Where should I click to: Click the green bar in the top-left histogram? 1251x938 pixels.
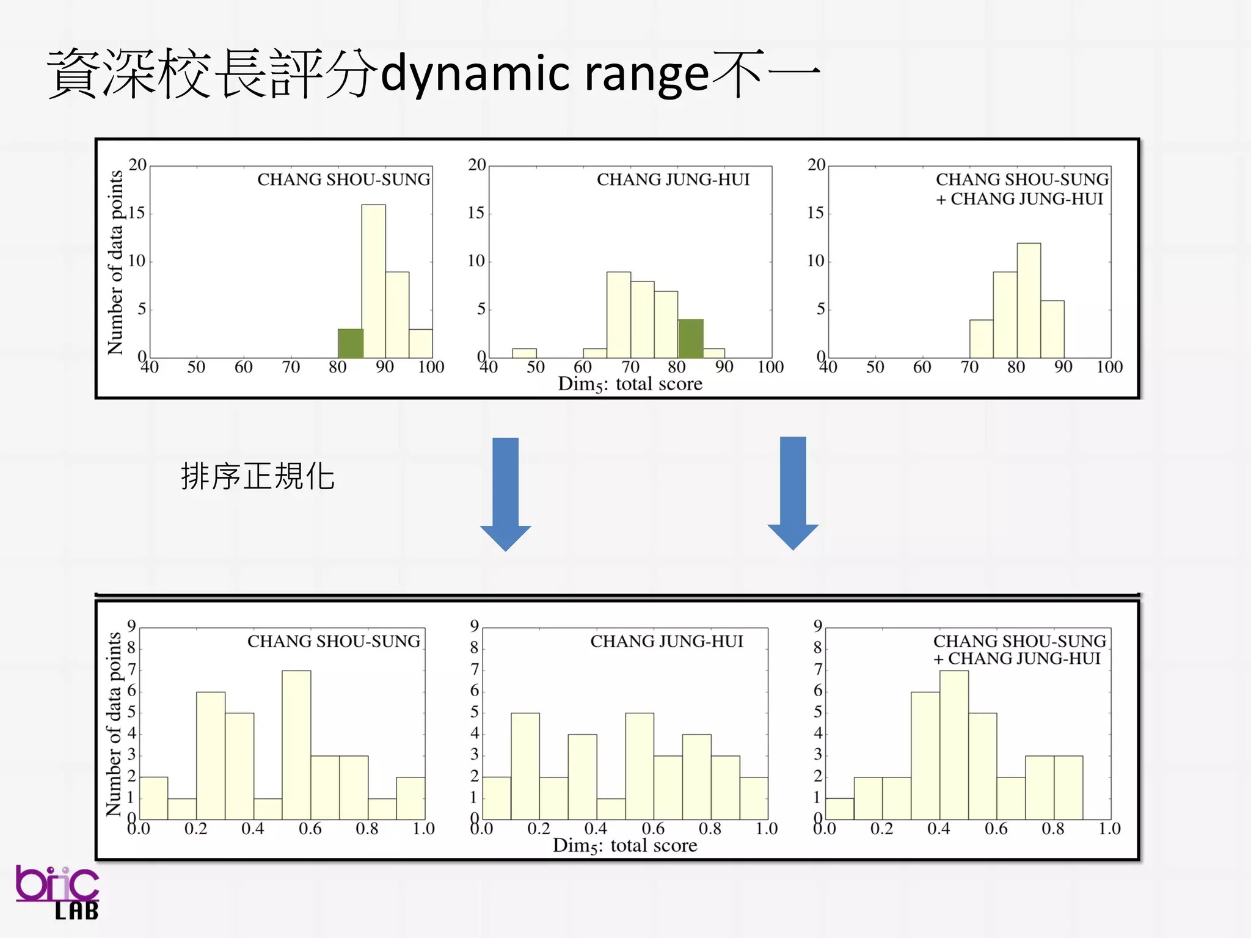point(350,344)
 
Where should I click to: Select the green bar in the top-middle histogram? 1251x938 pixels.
point(690,339)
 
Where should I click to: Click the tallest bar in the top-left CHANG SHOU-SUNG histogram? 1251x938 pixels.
point(373,281)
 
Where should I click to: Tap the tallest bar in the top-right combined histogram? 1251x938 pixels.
point(1029,300)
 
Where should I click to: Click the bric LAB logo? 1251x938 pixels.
point(58,892)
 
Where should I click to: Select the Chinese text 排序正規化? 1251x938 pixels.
point(257,477)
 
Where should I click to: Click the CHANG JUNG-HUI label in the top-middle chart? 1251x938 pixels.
point(673,180)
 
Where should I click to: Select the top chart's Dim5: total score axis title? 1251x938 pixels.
point(630,384)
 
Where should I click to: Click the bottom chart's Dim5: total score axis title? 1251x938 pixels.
point(624,846)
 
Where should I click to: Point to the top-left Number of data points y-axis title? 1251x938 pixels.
point(115,262)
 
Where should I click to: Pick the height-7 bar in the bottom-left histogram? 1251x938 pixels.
point(296,745)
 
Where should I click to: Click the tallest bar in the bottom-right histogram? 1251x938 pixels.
point(954,745)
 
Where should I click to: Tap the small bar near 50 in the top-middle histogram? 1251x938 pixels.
point(524,353)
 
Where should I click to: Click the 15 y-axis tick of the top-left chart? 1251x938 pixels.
point(137,213)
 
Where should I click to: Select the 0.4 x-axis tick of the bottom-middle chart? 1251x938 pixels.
point(596,829)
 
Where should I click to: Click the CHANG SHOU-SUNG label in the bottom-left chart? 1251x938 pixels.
point(334,641)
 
